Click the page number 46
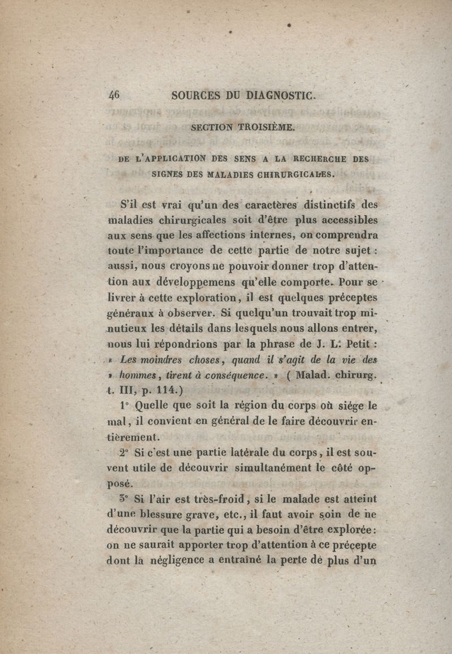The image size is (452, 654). (114, 96)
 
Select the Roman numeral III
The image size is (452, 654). (128, 390)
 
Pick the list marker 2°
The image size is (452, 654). (125, 453)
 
